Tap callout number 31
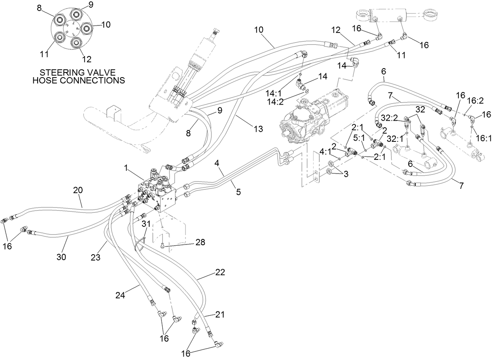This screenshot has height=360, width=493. [x=146, y=224]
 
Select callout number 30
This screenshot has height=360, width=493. [x=62, y=257]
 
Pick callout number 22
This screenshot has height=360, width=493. [x=220, y=273]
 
